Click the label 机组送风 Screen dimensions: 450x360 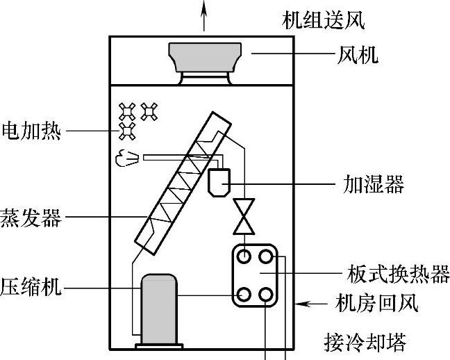pos(323,20)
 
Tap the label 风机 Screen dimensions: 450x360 pos(358,55)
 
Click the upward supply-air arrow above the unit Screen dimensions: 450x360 pos(203,15)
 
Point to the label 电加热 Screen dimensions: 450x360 pos(31,131)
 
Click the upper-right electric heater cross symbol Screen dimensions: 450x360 pos(149,111)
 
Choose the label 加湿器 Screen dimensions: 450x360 pos(374,184)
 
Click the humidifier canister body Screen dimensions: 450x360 pos(219,183)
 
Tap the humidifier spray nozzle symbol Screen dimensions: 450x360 pos(127,158)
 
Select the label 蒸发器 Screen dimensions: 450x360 pos(31,218)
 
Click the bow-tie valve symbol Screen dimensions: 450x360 pos(244,217)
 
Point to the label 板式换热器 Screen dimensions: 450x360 pos(398,274)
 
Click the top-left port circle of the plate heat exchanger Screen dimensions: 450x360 pos(244,256)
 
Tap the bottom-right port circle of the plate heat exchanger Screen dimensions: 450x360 pos(265,295)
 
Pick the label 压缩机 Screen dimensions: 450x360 pos(31,287)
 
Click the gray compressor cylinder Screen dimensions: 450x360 pos(159,309)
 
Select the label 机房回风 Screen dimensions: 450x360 pos(376,304)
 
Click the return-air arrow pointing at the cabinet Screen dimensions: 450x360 pos(311,304)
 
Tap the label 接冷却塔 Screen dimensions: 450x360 pos(365,343)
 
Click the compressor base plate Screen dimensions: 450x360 pos(159,346)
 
